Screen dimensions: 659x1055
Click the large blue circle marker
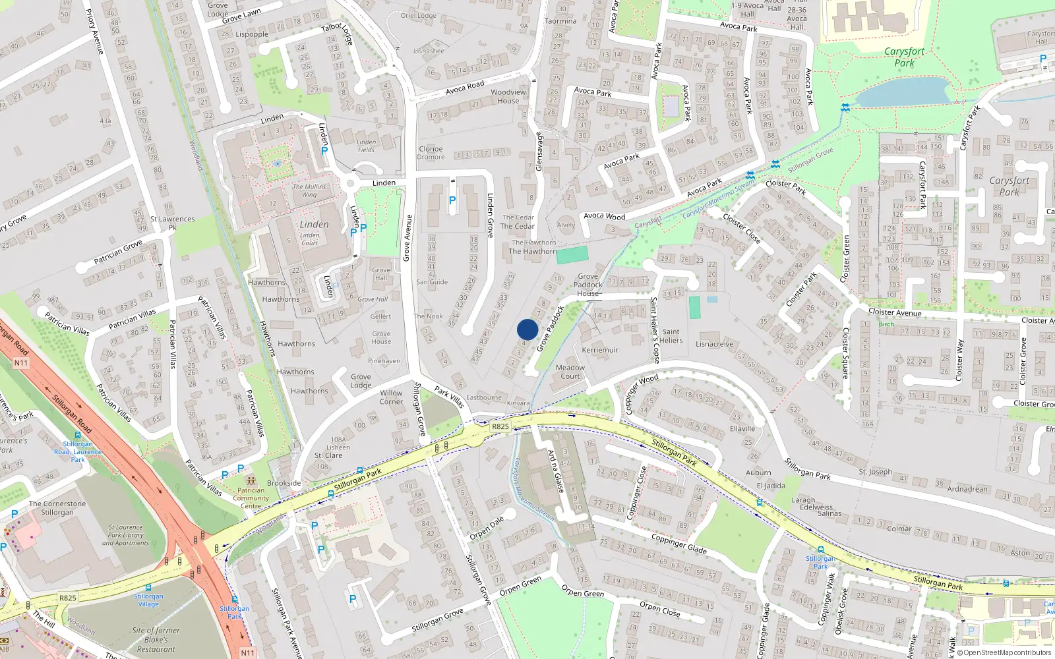pos(527,329)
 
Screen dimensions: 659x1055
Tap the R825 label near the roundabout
pos(500,426)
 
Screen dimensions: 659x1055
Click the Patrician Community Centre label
pos(251,498)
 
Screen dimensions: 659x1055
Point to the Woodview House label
pos(508,96)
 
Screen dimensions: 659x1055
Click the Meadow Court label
pos(570,372)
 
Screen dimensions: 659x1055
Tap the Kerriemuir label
pos(600,350)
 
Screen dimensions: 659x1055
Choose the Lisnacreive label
pos(714,344)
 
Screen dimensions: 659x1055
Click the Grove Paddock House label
pos(588,285)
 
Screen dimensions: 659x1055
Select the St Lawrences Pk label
pos(172,222)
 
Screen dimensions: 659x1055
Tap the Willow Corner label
pos(391,397)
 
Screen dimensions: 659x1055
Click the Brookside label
pos(284,483)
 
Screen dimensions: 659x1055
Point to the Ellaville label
pos(742,428)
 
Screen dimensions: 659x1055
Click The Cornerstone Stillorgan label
pos(57,508)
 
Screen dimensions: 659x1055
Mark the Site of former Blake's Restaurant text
pos(156,639)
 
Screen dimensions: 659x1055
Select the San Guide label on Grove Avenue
pos(432,282)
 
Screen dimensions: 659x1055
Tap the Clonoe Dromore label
pos(431,152)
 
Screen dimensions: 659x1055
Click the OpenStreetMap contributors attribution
pos(1007,653)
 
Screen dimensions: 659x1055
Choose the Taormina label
pos(560,21)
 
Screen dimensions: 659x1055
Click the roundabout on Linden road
pos(350,184)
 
